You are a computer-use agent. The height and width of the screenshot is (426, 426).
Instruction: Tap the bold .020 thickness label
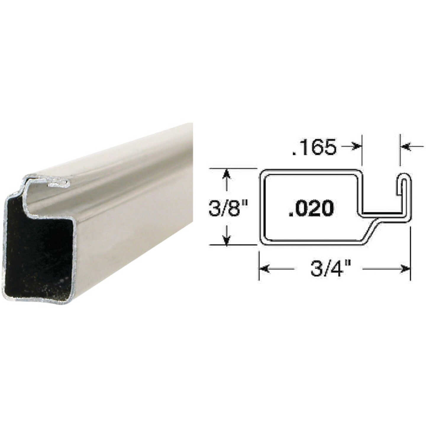click(x=311, y=208)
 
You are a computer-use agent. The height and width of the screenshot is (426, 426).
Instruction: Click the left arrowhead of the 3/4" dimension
click(x=264, y=269)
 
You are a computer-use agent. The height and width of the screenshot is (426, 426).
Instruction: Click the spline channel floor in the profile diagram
click(x=382, y=214)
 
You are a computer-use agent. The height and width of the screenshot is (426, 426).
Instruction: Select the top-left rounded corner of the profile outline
click(x=263, y=173)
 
